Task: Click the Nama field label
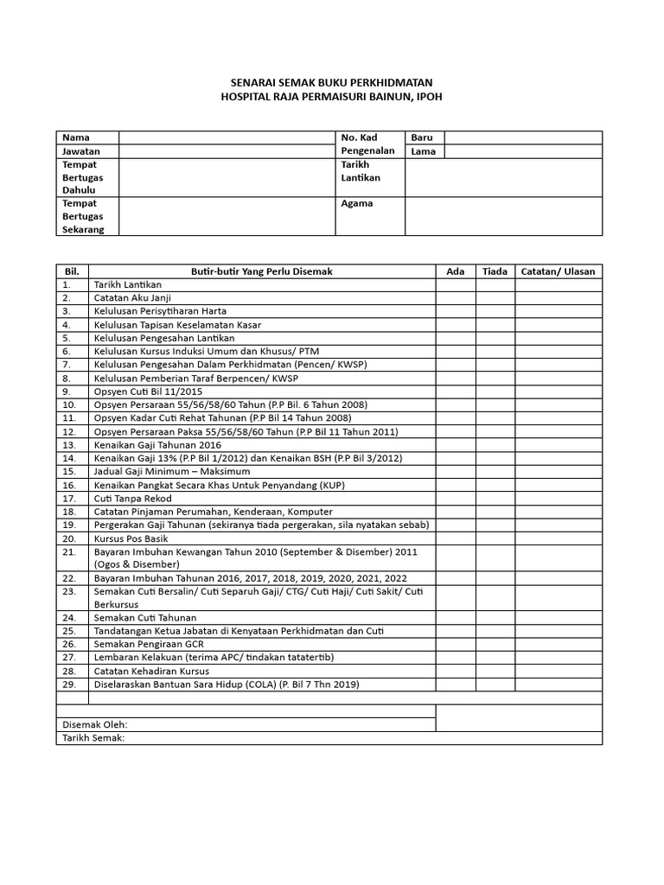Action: [76, 137]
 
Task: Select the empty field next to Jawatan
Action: [226, 151]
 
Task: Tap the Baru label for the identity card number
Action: [422, 137]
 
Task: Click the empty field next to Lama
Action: [523, 151]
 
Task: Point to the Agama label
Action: [357, 204]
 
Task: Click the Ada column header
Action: [455, 271]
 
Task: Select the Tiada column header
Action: [495, 271]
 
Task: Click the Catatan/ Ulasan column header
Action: [558, 271]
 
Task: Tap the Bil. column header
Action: [72, 271]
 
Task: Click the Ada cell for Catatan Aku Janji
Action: [455, 298]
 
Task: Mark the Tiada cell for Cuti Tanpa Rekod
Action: [495, 499]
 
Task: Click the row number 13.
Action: [69, 445]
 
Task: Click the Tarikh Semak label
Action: [93, 738]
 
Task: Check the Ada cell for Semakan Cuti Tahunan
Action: [455, 617]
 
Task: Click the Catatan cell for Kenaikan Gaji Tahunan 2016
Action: [558, 445]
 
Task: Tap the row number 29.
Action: [69, 684]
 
